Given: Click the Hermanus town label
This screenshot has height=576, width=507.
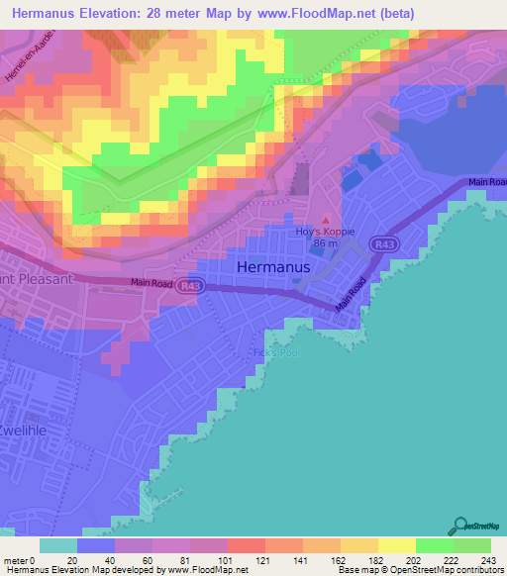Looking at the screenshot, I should (274, 267).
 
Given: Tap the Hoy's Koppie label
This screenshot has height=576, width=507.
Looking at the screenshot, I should (319, 231).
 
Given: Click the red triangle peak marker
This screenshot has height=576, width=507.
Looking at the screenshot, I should (323, 220).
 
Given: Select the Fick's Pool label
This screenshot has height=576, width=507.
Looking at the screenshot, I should (272, 352).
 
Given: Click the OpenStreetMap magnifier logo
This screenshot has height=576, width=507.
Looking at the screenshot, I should (462, 526).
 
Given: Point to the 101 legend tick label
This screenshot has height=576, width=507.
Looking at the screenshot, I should (226, 559).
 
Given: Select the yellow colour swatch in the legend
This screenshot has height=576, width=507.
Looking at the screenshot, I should (396, 545).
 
